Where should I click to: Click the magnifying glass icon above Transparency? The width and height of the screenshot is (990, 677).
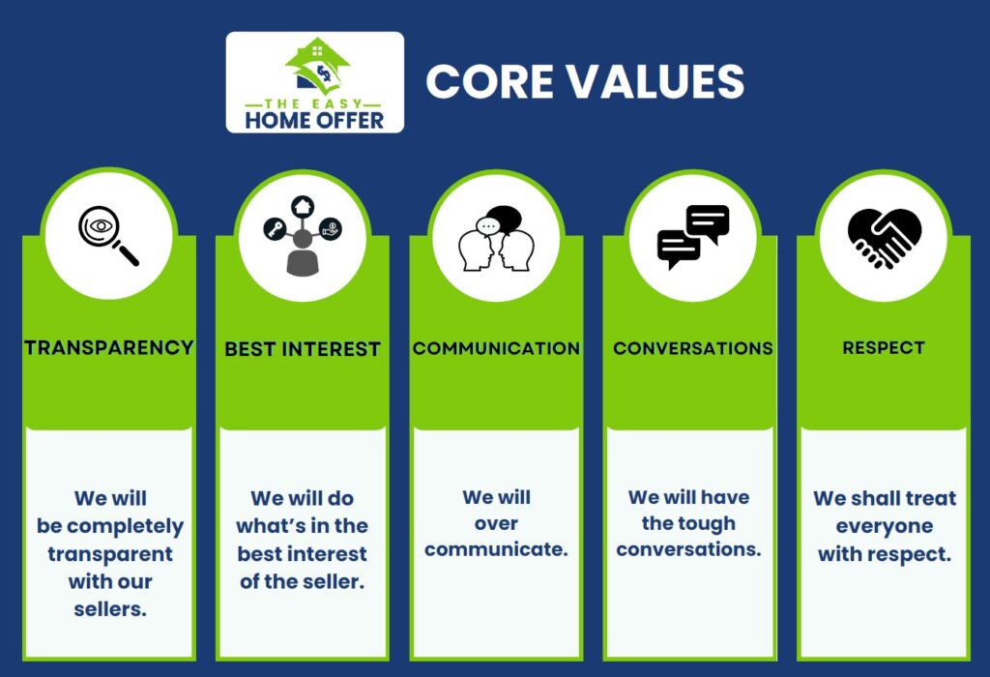point(106,237)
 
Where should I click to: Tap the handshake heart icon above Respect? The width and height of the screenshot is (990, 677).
point(884,238)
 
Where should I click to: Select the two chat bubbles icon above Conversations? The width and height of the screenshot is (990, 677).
point(692,237)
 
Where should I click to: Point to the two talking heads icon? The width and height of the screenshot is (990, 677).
point(496,239)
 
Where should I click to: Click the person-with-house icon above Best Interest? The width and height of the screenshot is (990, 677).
point(303,236)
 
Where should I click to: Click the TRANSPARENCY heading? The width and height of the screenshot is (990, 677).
point(109,347)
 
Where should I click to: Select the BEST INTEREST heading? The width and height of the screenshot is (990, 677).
point(303,348)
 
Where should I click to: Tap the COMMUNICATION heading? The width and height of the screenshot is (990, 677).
point(496,348)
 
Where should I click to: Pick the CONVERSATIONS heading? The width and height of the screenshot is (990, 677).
point(692,348)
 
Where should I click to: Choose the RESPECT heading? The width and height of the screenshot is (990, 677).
point(884,347)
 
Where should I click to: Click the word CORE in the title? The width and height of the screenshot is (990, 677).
point(486,81)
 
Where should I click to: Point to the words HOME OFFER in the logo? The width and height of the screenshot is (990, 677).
point(314,120)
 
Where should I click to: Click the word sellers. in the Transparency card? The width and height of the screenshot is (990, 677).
point(110,609)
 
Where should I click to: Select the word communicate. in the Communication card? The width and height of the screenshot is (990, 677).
point(496,549)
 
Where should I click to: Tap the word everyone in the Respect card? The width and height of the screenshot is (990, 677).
point(884,527)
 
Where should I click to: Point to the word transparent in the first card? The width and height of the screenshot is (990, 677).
point(110,554)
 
